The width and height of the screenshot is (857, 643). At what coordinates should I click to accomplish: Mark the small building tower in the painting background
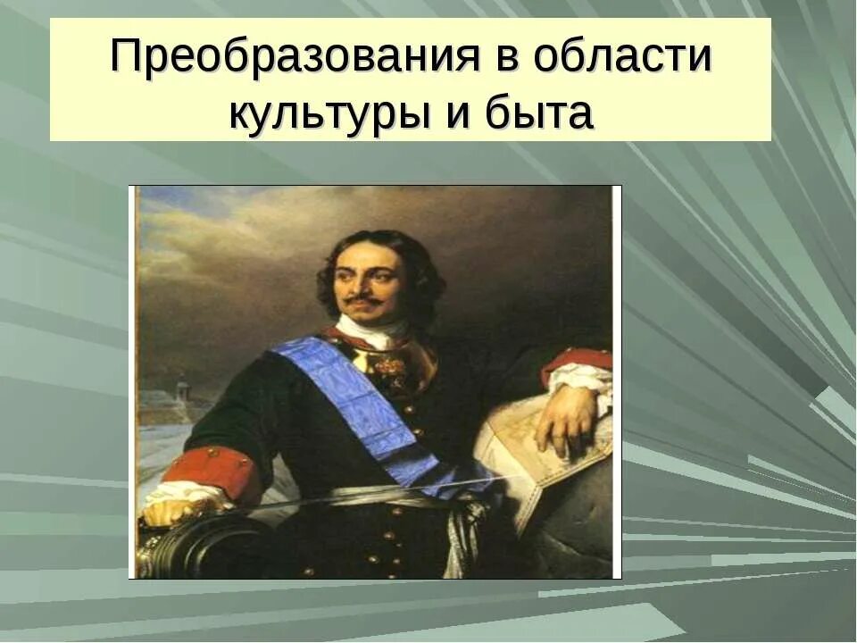[x=182, y=388]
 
